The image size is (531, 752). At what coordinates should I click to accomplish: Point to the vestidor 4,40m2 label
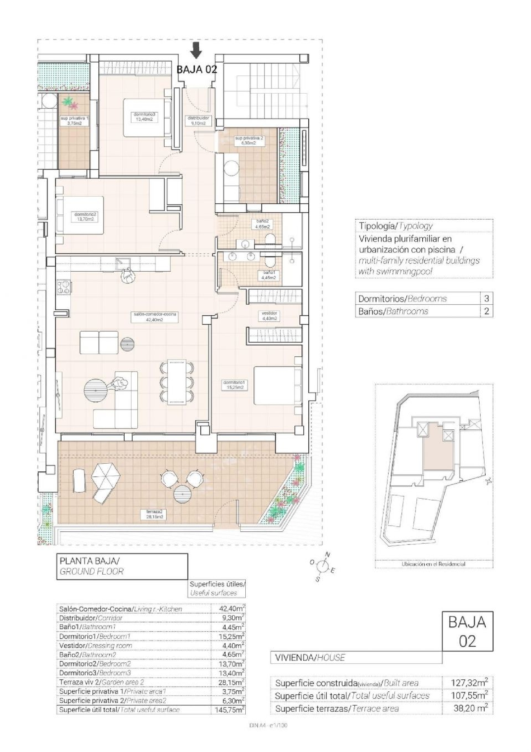[x=269, y=316]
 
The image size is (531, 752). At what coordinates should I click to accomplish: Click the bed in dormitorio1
[x=278, y=385]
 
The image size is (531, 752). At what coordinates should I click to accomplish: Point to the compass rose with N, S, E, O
[x=322, y=567]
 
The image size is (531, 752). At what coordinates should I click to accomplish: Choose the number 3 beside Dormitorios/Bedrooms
[x=486, y=298]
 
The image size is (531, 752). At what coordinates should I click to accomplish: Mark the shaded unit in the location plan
[x=438, y=455]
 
